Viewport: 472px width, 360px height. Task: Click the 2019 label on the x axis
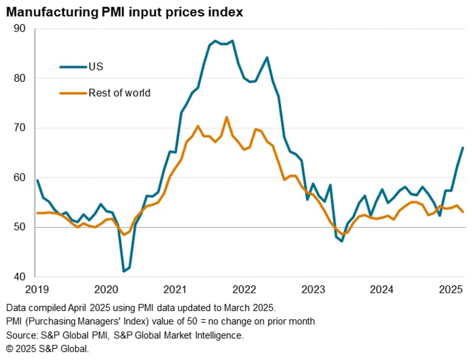36,289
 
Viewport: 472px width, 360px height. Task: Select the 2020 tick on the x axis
106,289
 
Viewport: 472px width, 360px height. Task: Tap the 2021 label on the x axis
175,289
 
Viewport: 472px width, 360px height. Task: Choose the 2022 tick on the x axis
245,289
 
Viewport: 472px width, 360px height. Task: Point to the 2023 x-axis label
314,289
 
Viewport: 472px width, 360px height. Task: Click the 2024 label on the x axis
384,289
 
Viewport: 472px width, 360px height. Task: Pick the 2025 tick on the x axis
452,289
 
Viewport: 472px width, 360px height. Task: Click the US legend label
95,67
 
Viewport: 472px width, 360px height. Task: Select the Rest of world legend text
119,93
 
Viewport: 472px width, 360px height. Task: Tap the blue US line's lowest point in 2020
124,271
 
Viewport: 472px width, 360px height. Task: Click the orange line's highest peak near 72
227,117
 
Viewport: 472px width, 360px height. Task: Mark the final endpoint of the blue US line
464,147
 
